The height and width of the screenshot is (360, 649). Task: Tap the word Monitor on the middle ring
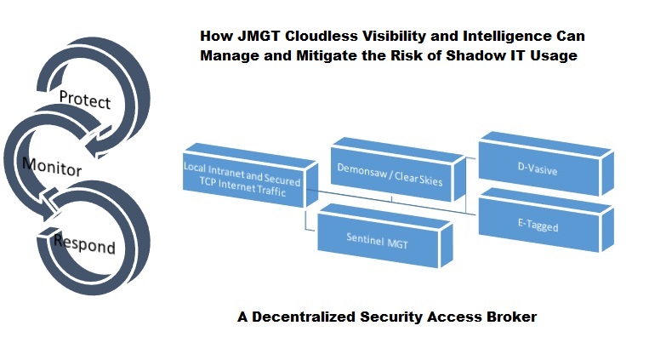53,165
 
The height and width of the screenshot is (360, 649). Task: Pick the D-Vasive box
537,170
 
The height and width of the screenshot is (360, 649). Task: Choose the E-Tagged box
537,227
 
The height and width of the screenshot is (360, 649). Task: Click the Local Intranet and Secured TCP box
242,174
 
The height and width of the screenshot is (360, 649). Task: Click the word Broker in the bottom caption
512,317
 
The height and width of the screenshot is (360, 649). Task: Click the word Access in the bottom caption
458,317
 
